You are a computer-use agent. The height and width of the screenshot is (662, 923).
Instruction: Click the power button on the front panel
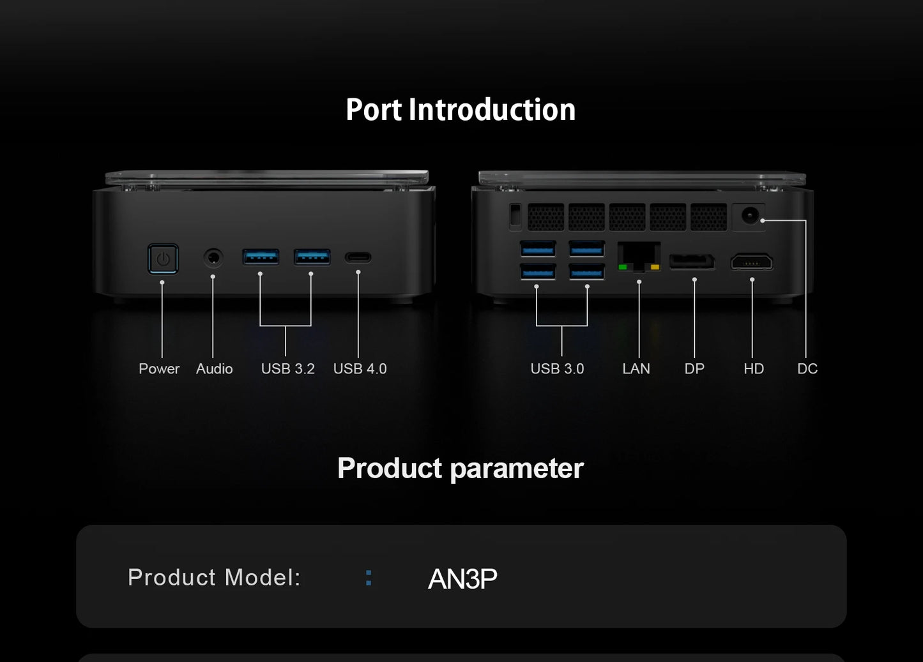pyautogui.click(x=163, y=259)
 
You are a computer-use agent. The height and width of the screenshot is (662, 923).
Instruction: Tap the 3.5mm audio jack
pyautogui.click(x=213, y=258)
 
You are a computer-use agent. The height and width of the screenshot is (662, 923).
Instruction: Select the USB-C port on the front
pyautogui.click(x=358, y=258)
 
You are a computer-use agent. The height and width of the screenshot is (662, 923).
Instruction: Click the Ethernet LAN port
pyautogui.click(x=639, y=257)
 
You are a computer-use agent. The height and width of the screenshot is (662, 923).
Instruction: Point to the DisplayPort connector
pyautogui.click(x=692, y=262)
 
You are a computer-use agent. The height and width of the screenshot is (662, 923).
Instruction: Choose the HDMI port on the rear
pyautogui.click(x=752, y=262)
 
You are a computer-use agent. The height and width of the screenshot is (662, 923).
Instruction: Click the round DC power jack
pyautogui.click(x=750, y=215)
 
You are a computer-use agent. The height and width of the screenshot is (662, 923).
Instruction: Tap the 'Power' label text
pyautogui.click(x=159, y=368)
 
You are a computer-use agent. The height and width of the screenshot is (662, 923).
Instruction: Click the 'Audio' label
pyautogui.click(x=214, y=368)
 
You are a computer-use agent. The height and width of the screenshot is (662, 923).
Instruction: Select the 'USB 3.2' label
pyautogui.click(x=288, y=368)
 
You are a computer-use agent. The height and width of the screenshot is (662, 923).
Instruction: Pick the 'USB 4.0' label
pyautogui.click(x=360, y=368)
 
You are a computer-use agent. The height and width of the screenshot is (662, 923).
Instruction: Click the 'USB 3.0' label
pyautogui.click(x=558, y=368)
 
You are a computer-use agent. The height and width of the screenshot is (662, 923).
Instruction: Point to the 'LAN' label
pyautogui.click(x=636, y=368)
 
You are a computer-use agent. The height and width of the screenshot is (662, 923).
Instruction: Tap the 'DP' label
pyautogui.click(x=694, y=368)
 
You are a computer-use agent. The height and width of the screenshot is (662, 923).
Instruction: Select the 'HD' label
pyautogui.click(x=754, y=368)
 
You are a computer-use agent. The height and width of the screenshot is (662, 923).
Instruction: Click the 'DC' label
pyautogui.click(x=807, y=368)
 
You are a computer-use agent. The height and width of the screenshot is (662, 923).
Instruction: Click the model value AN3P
pyautogui.click(x=462, y=579)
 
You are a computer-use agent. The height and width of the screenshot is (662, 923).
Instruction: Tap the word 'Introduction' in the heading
pyautogui.click(x=492, y=110)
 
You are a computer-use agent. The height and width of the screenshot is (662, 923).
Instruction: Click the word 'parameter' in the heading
pyautogui.click(x=517, y=469)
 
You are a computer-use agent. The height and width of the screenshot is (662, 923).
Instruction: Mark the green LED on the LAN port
pyautogui.click(x=623, y=267)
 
